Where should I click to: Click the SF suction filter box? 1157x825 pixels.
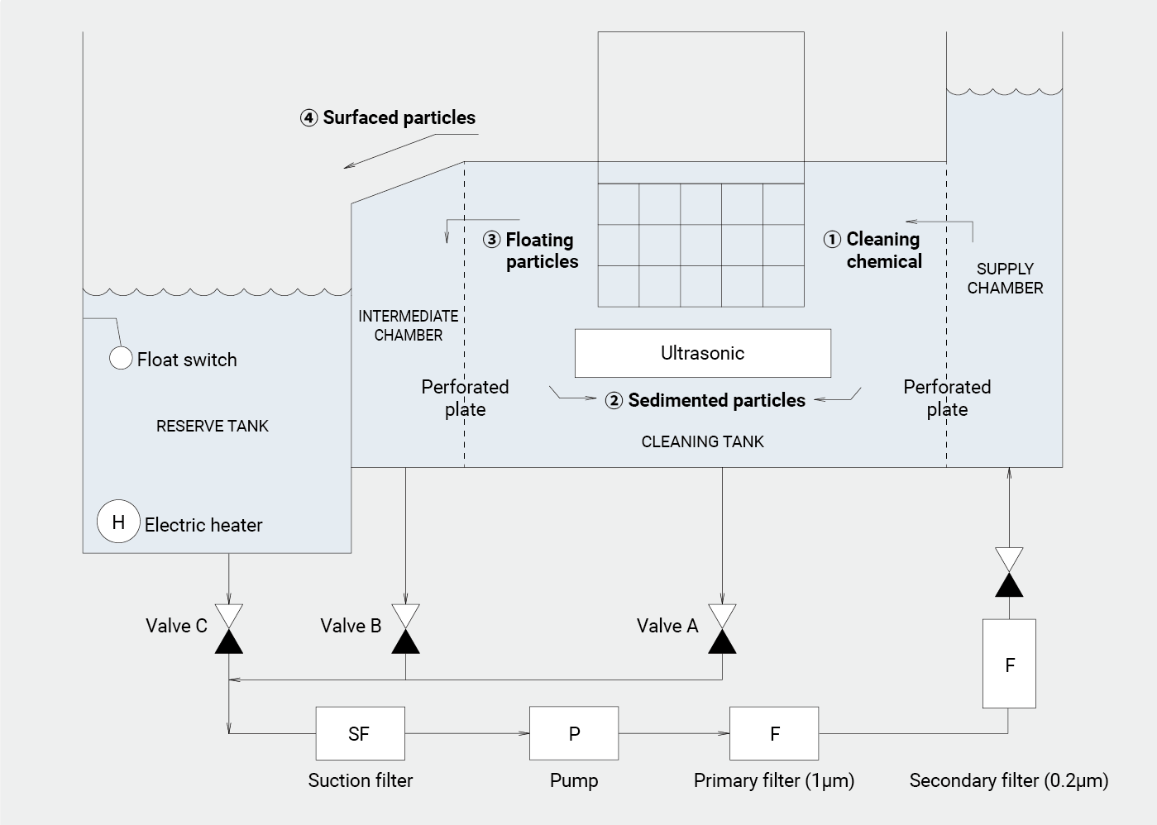(x=360, y=733)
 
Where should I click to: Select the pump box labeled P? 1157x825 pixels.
(x=574, y=733)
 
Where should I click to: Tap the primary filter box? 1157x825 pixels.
(x=774, y=733)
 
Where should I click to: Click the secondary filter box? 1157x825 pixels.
(x=1009, y=664)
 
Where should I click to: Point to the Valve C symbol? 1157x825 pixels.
(x=229, y=629)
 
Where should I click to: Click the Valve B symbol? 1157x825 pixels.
(x=405, y=629)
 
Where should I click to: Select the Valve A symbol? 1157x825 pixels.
(x=722, y=629)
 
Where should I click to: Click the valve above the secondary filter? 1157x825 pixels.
(x=1009, y=572)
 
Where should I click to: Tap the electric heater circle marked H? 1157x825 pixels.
(x=118, y=522)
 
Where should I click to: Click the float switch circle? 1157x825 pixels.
(x=121, y=358)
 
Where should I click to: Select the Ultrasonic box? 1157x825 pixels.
(x=702, y=353)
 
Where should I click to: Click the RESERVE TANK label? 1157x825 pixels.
(x=213, y=426)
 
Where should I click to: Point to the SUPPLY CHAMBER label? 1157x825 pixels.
(x=1005, y=279)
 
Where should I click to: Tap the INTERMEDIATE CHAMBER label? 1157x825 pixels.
(x=409, y=326)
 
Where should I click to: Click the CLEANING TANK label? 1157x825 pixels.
(x=702, y=441)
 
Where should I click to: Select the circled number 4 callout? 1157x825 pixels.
(x=308, y=117)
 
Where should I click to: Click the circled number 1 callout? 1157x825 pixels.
(x=832, y=239)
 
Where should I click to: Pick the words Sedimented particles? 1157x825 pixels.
(x=716, y=400)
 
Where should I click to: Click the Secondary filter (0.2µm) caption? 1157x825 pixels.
(x=1009, y=780)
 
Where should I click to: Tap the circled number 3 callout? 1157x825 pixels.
(x=492, y=240)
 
